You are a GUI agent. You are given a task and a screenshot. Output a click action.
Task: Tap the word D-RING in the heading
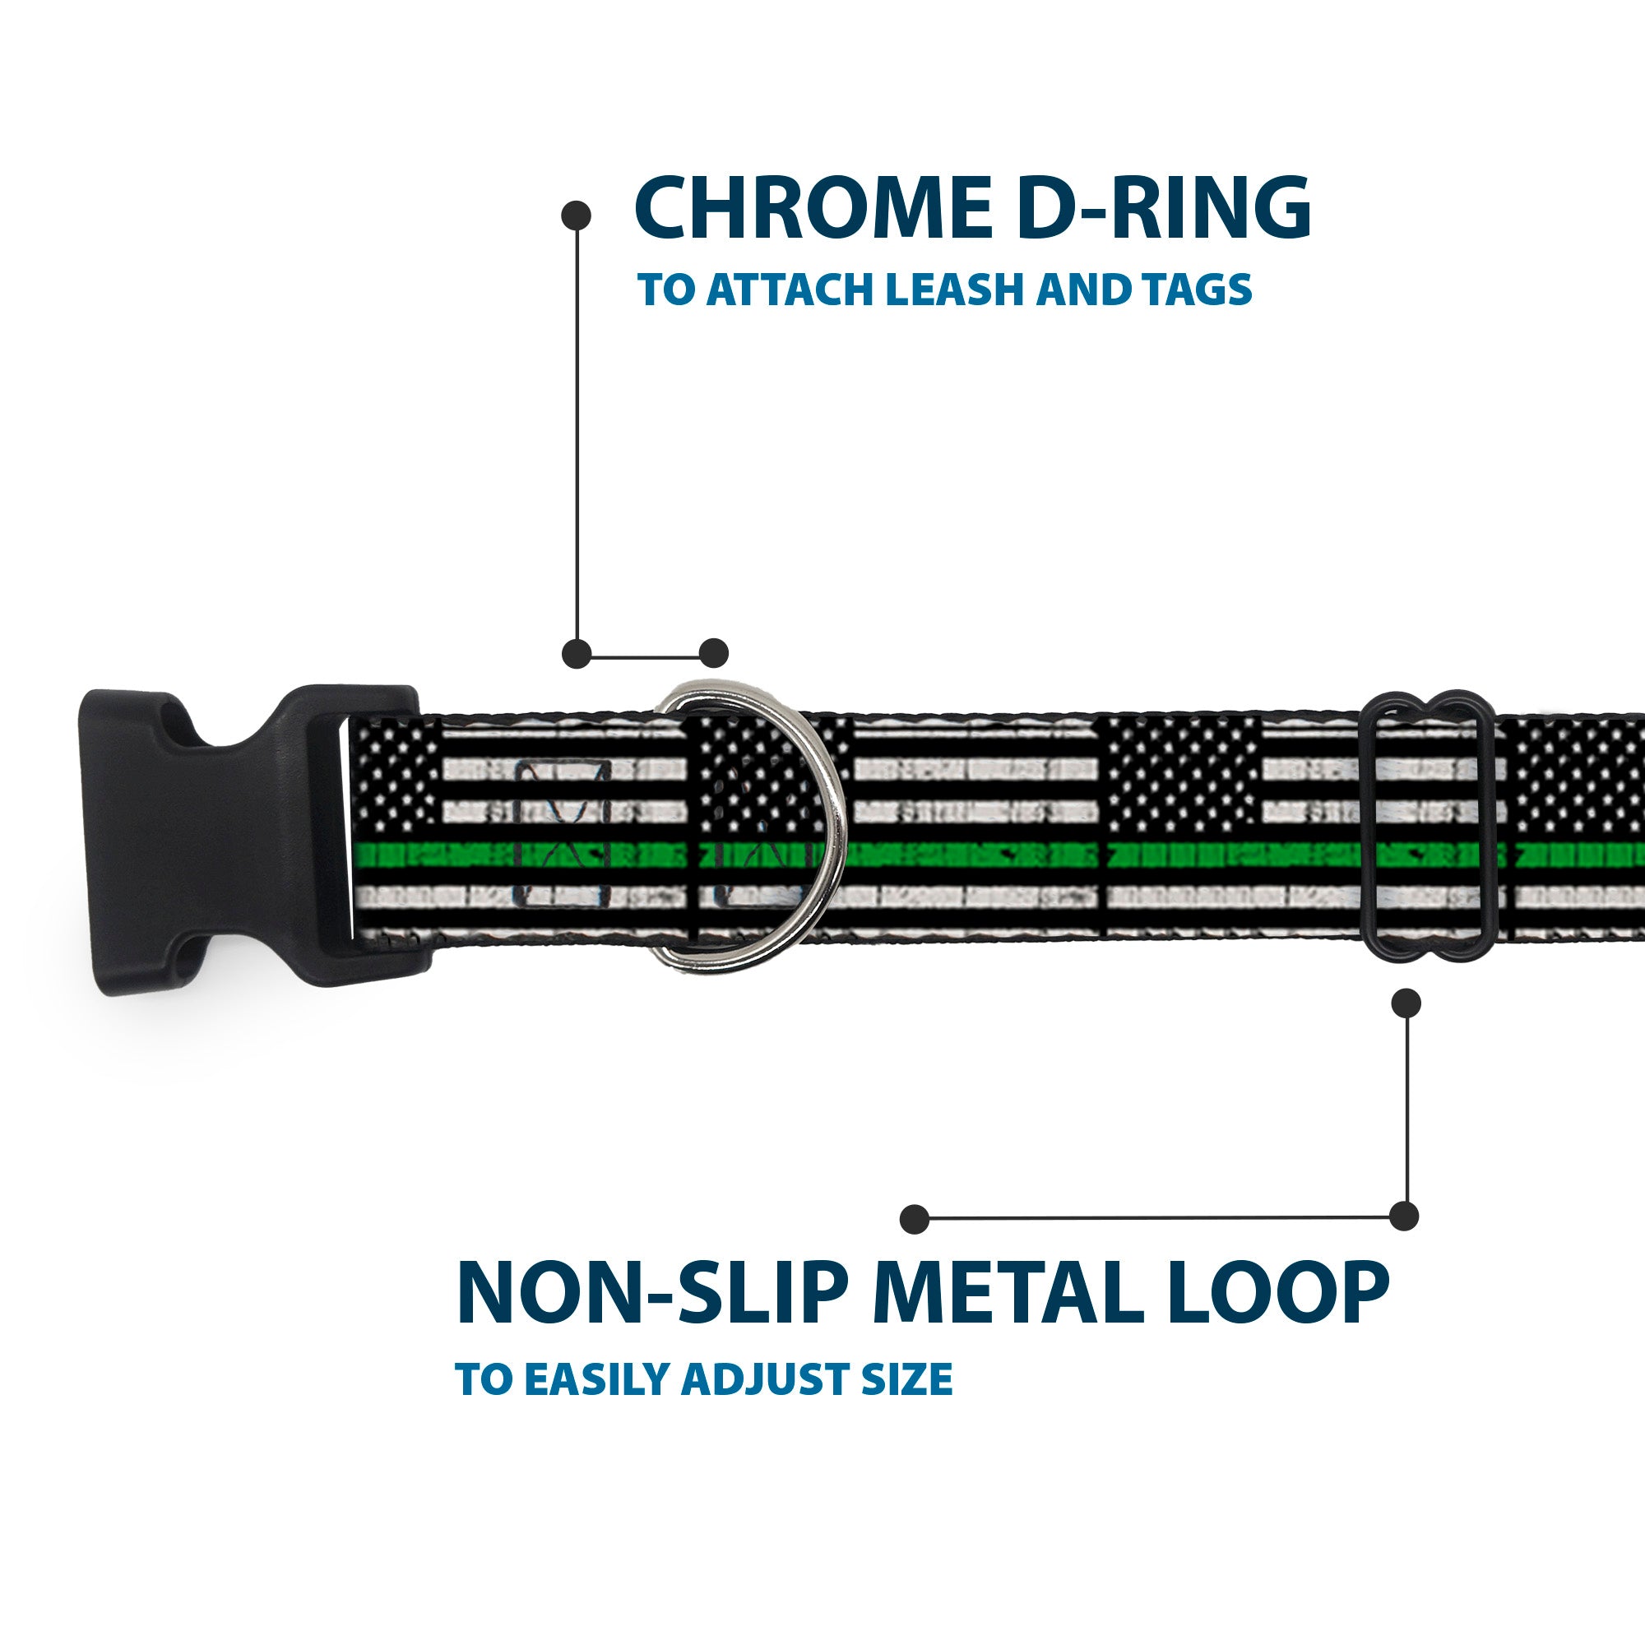tap(1163, 210)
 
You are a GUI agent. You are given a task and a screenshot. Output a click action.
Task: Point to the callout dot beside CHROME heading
tap(577, 215)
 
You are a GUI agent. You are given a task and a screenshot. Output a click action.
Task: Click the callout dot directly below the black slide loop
tap(1406, 1003)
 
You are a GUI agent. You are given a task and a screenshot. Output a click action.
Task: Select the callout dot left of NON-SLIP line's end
tap(914, 1218)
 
